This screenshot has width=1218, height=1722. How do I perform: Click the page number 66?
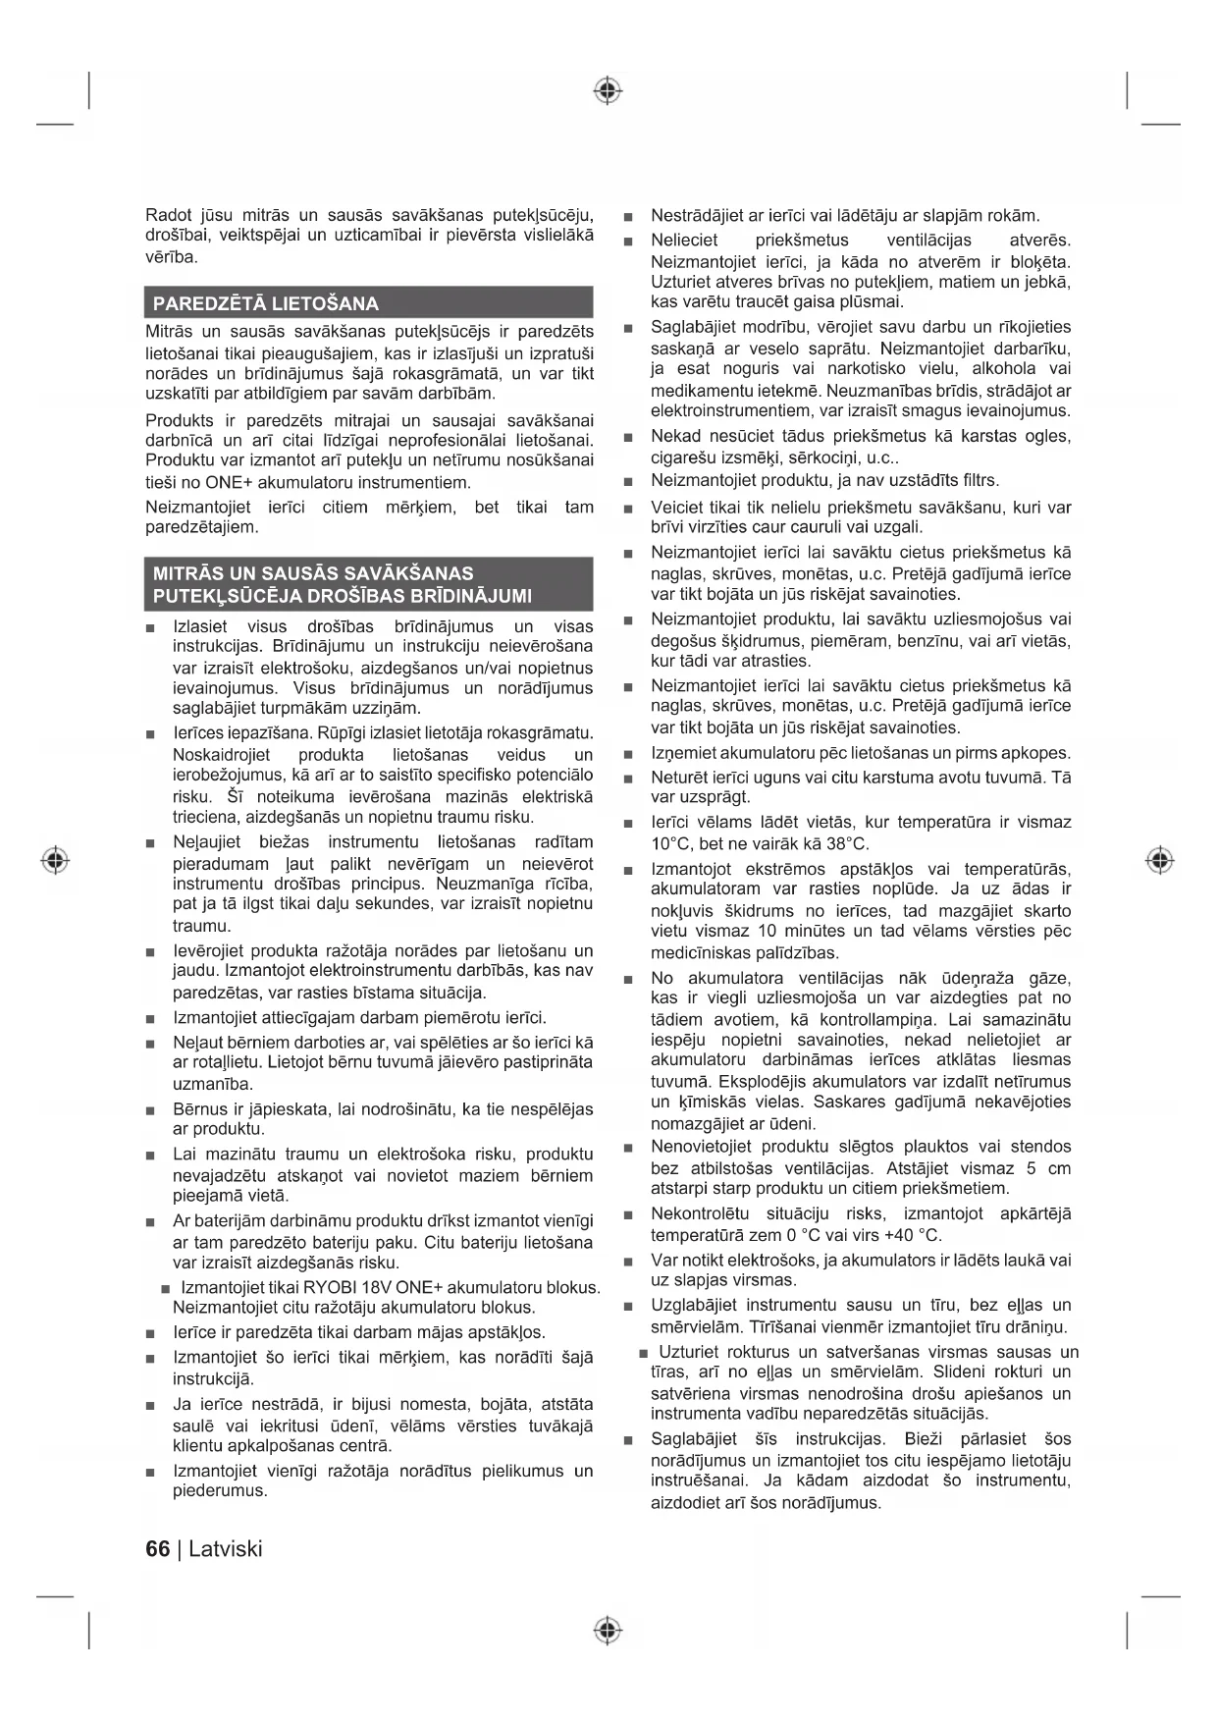coord(157,1548)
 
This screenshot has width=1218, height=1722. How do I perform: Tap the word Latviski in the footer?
coord(226,1548)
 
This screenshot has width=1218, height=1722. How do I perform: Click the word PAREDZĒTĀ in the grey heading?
coord(207,303)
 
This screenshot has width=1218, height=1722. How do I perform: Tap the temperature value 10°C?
coord(671,844)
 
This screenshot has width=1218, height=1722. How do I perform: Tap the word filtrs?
coord(977,480)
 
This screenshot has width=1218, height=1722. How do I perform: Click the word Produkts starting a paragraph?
coord(179,420)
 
